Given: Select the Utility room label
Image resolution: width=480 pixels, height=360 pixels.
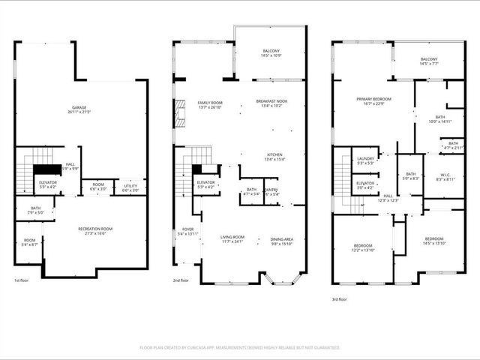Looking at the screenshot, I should click(x=130, y=187).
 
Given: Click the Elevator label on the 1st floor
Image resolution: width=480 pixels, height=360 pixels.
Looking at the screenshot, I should click(x=46, y=183).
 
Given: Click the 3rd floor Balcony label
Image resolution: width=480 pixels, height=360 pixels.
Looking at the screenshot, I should click(x=429, y=61).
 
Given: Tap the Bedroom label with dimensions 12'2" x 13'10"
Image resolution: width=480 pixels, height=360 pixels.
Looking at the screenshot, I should click(x=362, y=247).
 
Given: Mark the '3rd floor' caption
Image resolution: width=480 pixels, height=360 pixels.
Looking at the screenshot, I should click(x=340, y=298).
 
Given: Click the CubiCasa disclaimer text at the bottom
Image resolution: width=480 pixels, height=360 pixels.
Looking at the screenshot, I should click(x=240, y=347).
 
